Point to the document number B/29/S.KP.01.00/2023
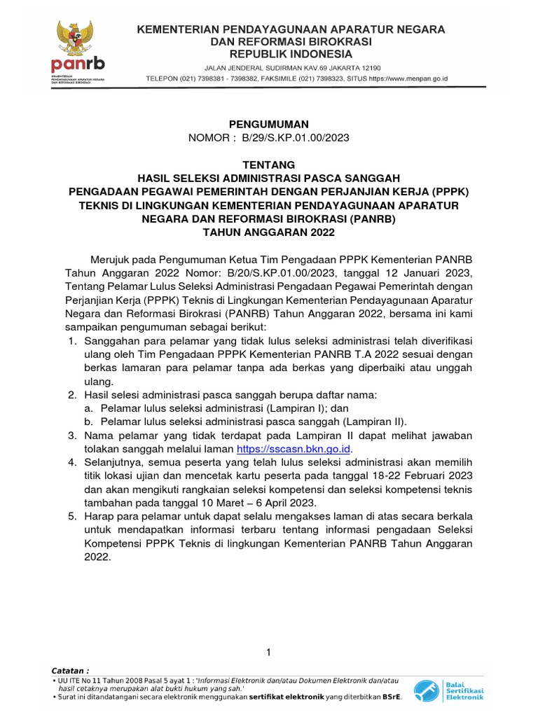295,138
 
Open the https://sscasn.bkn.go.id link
294,449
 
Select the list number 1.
71,342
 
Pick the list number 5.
71,517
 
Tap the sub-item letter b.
88,422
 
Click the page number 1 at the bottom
268,653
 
